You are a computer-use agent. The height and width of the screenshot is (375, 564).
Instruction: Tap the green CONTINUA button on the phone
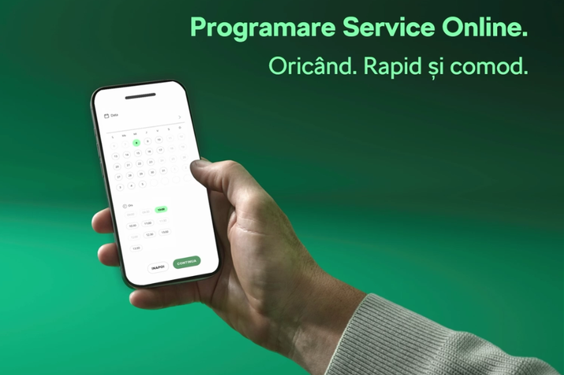(187, 262)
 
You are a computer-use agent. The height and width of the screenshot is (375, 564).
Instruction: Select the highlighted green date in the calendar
(136, 143)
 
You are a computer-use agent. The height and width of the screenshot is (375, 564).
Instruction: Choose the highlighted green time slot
(161, 210)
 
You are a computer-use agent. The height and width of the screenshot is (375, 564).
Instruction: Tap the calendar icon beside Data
(106, 116)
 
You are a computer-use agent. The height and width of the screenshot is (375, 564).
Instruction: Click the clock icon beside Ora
(124, 206)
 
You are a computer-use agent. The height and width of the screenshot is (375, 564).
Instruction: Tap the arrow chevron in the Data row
(180, 117)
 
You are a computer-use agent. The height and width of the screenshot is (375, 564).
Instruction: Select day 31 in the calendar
(164, 171)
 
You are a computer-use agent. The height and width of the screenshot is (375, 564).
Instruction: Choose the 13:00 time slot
(136, 248)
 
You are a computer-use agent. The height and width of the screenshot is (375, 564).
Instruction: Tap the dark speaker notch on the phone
(140, 96)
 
